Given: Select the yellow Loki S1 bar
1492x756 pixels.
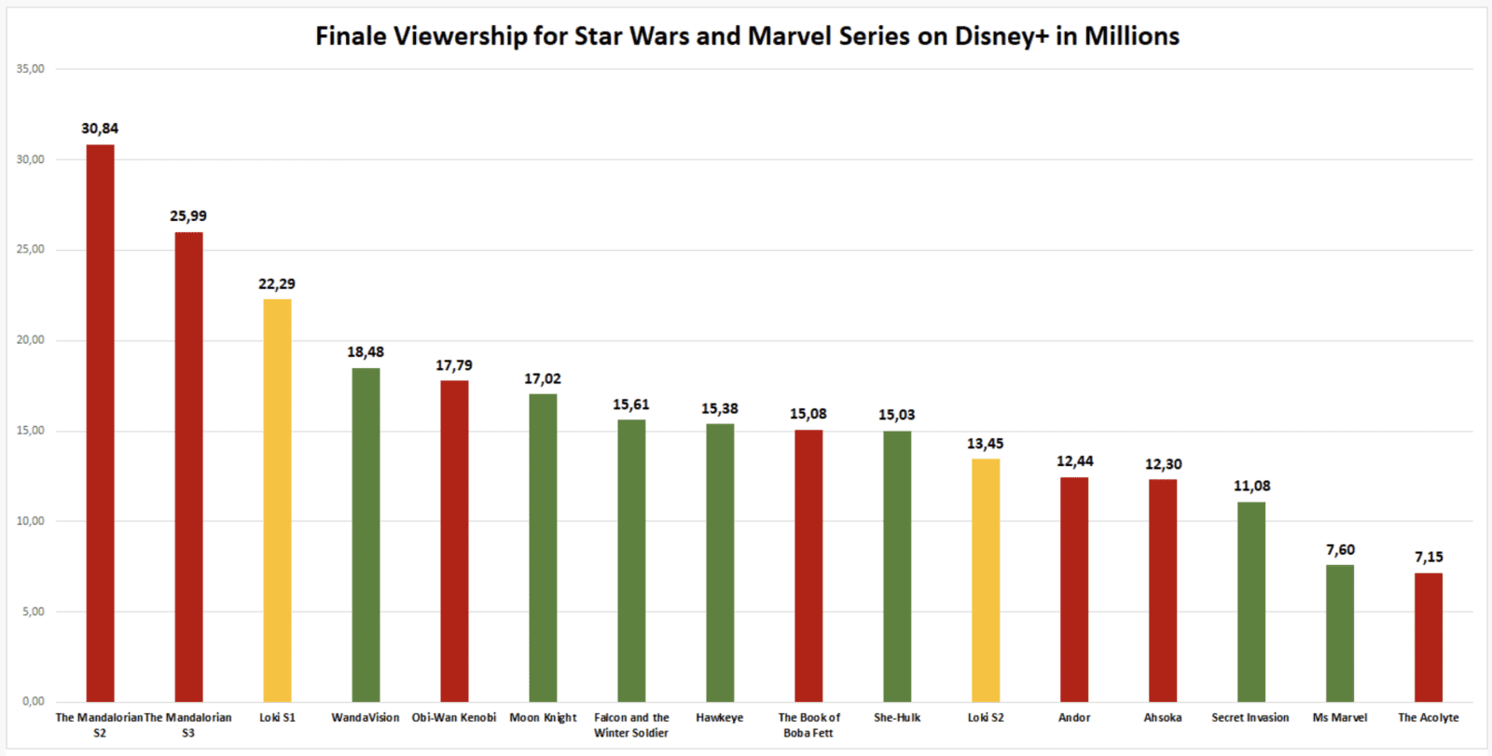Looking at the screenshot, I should pyautogui.click(x=277, y=500).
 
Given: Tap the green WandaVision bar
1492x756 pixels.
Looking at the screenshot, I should pyautogui.click(x=366, y=534).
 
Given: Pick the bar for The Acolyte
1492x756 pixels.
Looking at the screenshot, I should pyautogui.click(x=1428, y=637).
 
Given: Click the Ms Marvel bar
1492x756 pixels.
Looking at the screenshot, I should pyautogui.click(x=1340, y=633).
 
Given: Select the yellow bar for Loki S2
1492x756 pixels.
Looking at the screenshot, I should pyautogui.click(x=986, y=580).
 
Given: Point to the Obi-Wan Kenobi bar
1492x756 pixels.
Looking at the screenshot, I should pyautogui.click(x=454, y=541).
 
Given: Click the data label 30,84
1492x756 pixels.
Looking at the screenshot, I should pyautogui.click(x=100, y=129).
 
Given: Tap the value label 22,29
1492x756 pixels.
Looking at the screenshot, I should pyautogui.click(x=277, y=284).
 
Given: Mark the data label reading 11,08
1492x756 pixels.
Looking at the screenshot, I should pyautogui.click(x=1251, y=487).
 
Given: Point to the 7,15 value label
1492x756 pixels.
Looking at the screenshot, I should pyautogui.click(x=1429, y=557).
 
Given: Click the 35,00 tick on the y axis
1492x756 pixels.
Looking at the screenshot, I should pyautogui.click(x=31, y=69).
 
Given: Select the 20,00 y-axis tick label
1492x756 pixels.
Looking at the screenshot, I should pyautogui.click(x=31, y=340).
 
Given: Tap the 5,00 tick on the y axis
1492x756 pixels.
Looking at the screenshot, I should pyautogui.click(x=34, y=612).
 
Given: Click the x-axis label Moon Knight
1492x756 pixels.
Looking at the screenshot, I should pyautogui.click(x=543, y=718).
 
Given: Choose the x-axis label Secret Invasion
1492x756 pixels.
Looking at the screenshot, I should pyautogui.click(x=1250, y=718).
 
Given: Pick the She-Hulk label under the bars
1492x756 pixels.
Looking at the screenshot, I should pyautogui.click(x=897, y=718).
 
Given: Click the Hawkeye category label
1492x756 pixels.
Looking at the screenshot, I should pyautogui.click(x=720, y=718).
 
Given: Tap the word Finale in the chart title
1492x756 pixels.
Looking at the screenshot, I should pyautogui.click(x=351, y=36).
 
